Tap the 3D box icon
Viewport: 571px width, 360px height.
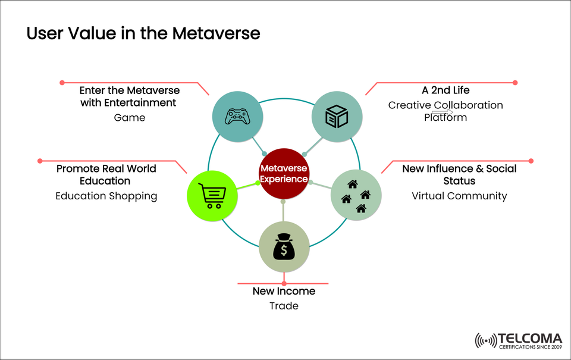[x=337, y=117]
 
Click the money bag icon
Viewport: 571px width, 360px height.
[x=284, y=247]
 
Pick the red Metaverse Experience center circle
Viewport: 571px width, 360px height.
[x=284, y=173]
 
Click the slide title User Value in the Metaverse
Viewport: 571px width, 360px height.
[x=143, y=34]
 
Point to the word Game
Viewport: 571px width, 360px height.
[x=130, y=117]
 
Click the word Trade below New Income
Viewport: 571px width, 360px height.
[x=284, y=306]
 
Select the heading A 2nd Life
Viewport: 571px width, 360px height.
[x=445, y=90]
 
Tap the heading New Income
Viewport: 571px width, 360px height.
[x=284, y=291]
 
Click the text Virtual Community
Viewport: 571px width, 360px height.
[x=459, y=195]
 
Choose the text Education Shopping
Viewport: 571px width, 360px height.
[x=106, y=196]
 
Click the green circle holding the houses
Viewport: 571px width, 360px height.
[x=356, y=195]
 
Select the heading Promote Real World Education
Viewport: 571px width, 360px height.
[x=106, y=174]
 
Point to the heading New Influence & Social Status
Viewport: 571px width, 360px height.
[x=459, y=174]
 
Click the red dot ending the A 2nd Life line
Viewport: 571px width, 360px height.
[x=515, y=83]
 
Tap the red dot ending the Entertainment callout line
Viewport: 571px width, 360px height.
[x=61, y=82]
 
